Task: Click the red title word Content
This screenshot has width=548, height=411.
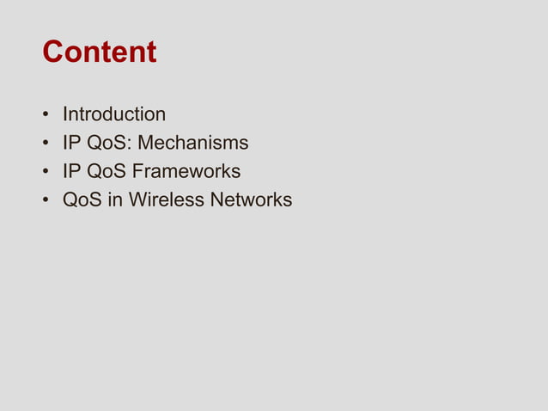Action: coord(100,52)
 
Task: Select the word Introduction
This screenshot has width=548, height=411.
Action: coord(114,114)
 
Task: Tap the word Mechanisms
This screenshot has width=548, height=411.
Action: coord(196,143)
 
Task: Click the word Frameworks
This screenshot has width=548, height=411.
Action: coord(187,171)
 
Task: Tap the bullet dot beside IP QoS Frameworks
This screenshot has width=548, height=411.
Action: coord(45,172)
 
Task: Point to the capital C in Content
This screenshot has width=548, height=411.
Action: coord(53,52)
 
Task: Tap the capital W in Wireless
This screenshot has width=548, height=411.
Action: coord(137,200)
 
